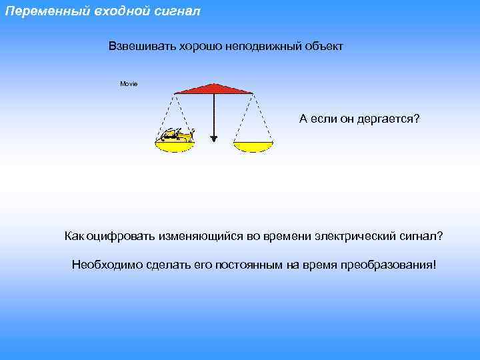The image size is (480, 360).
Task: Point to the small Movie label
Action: (x=129, y=84)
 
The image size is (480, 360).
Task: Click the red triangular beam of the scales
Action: (x=213, y=89)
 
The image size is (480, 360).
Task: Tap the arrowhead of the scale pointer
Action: (x=213, y=139)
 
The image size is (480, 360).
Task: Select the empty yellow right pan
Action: (x=253, y=146)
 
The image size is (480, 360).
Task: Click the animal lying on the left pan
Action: (x=176, y=135)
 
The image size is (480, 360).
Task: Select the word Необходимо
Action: (x=103, y=265)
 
